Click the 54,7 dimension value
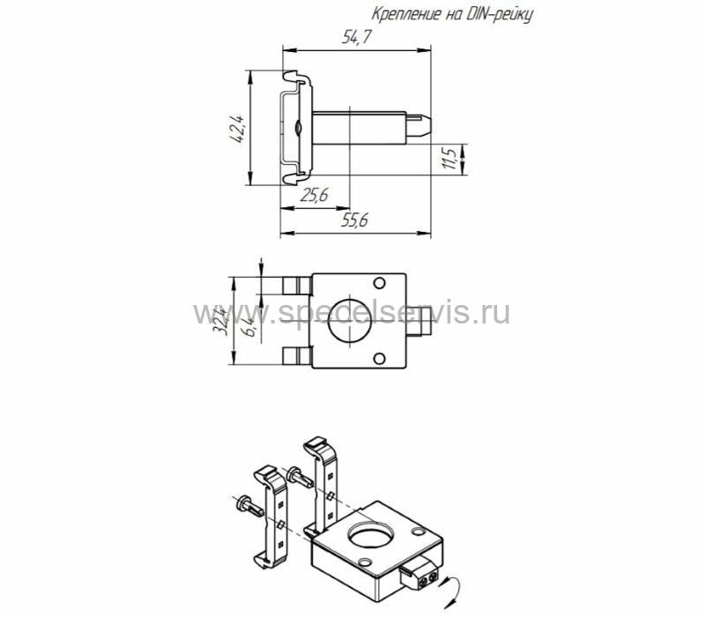[x=357, y=36]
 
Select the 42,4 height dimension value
[x=236, y=129]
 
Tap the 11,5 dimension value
[x=449, y=158]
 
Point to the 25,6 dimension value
[x=315, y=195]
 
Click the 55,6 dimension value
[x=355, y=220]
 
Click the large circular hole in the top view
[x=350, y=320]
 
